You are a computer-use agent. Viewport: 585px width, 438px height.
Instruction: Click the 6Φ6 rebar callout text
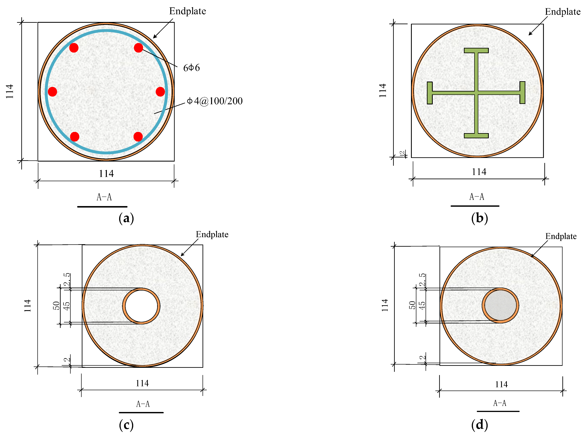[x=191, y=68]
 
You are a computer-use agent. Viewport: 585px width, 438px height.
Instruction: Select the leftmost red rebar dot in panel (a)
[x=52, y=92]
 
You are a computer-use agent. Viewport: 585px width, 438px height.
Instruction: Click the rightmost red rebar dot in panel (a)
[x=160, y=92]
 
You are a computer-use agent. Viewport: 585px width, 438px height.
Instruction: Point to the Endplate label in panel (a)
[x=187, y=11]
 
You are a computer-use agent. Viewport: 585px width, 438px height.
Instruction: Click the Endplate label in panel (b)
[x=563, y=12]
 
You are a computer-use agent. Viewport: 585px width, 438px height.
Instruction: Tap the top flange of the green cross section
[x=476, y=50]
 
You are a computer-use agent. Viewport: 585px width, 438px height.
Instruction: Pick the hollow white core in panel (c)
[x=141, y=306]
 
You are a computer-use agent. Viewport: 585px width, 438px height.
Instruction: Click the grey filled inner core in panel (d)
[x=500, y=305]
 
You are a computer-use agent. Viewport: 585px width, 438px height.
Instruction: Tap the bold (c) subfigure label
[x=126, y=425]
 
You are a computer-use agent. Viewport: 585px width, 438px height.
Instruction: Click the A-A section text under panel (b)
[x=477, y=197]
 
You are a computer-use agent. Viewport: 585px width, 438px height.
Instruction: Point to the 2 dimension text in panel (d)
[x=422, y=357]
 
